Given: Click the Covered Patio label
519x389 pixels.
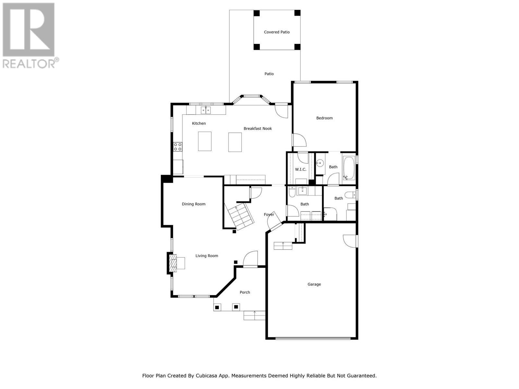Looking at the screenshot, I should click(277, 32).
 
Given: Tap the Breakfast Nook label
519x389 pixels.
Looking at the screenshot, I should click(258, 129).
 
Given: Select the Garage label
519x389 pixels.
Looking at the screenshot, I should click(314, 284).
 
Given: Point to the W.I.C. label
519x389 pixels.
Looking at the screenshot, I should click(300, 170).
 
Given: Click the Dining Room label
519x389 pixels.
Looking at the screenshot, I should click(193, 204).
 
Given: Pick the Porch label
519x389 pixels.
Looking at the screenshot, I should click(245, 292).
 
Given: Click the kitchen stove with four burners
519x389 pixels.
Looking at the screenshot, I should click(177, 147).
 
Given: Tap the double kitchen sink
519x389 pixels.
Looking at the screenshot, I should click(206, 110).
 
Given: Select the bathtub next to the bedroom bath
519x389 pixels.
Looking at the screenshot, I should click(349, 169).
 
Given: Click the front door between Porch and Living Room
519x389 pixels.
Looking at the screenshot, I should click(250, 259).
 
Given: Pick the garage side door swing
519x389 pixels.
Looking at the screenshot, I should click(350, 241).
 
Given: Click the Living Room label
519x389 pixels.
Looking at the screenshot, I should click(207, 256).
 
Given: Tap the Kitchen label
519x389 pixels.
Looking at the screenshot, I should click(199, 124).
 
